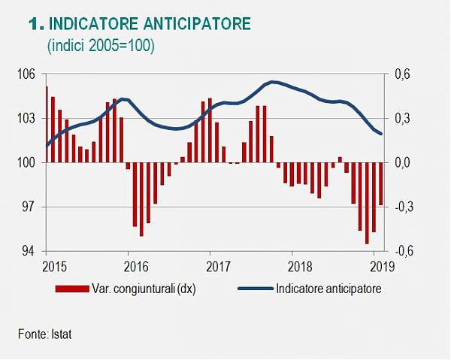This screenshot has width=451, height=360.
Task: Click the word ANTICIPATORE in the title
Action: (x=198, y=25)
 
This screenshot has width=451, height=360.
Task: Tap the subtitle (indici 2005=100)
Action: (x=101, y=47)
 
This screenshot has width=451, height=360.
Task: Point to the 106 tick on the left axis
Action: (x=28, y=74)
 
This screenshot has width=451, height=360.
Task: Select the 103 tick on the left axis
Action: (x=28, y=119)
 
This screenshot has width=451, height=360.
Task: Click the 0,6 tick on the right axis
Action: (x=403, y=74)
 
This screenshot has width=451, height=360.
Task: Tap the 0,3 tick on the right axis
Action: (x=403, y=119)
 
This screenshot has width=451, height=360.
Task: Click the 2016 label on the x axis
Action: (x=135, y=265)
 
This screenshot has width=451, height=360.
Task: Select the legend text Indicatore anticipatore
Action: (x=328, y=288)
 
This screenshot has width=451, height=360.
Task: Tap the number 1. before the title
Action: (x=35, y=25)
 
